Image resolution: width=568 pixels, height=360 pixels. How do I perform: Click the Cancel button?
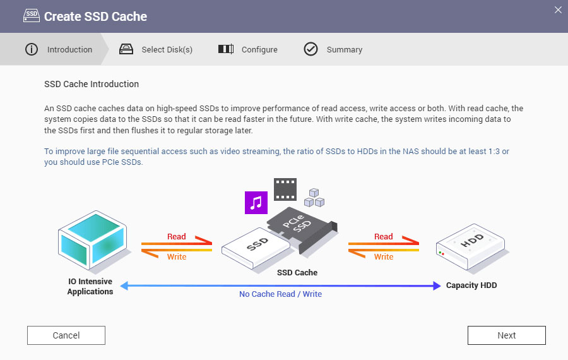66,335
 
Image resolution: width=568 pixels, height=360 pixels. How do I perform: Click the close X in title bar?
557,9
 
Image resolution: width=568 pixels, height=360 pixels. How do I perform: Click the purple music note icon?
256,202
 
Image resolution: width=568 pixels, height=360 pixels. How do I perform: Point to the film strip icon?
285,188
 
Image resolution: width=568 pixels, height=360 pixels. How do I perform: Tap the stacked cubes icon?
314,198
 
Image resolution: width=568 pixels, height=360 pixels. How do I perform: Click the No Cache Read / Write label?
280,294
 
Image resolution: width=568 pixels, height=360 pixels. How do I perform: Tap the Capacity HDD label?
471,285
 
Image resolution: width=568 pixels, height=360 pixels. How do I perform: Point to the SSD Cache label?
297,273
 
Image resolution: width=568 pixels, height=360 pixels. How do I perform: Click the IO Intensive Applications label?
90,287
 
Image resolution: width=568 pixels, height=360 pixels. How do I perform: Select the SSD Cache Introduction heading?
92,84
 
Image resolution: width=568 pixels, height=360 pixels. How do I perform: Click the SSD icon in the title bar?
30,16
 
